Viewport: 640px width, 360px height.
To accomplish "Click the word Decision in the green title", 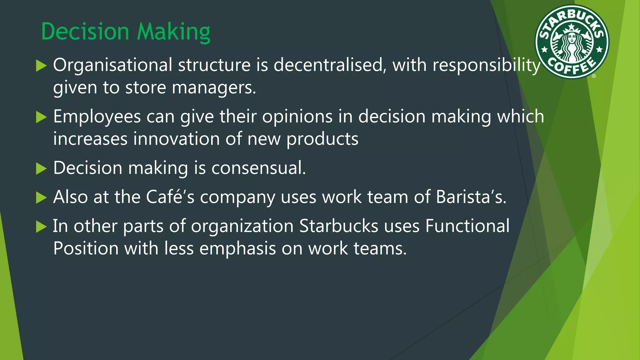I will click(85, 32).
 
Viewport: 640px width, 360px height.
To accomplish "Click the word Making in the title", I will click(173, 32).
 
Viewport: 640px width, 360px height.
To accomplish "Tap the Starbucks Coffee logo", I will click(572, 42).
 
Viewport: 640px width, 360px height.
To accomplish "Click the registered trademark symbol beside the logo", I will click(594, 76).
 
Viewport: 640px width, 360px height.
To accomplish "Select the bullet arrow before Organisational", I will click(41, 66).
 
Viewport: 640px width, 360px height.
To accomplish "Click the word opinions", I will click(297, 117).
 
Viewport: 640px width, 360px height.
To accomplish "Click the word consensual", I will click(258, 168).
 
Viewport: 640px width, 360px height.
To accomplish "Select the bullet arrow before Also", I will click(41, 197).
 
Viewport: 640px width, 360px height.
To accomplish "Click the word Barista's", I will click(471, 197).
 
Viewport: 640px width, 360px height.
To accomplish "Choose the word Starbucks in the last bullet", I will click(338, 226).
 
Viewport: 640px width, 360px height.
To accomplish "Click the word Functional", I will click(467, 226).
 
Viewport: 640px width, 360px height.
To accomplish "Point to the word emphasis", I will click(237, 249).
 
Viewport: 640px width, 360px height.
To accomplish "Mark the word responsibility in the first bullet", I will click(486, 66).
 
